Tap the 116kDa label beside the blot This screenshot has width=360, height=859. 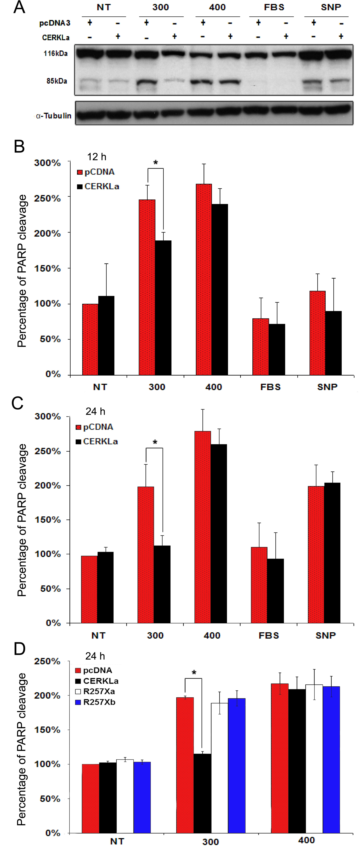55,53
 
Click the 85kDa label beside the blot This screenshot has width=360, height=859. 57,81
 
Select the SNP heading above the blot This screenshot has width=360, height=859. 331,7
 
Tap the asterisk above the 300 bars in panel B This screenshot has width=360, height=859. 155,163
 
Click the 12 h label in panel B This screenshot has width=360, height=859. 97,157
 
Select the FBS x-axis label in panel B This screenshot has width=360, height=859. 270,387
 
